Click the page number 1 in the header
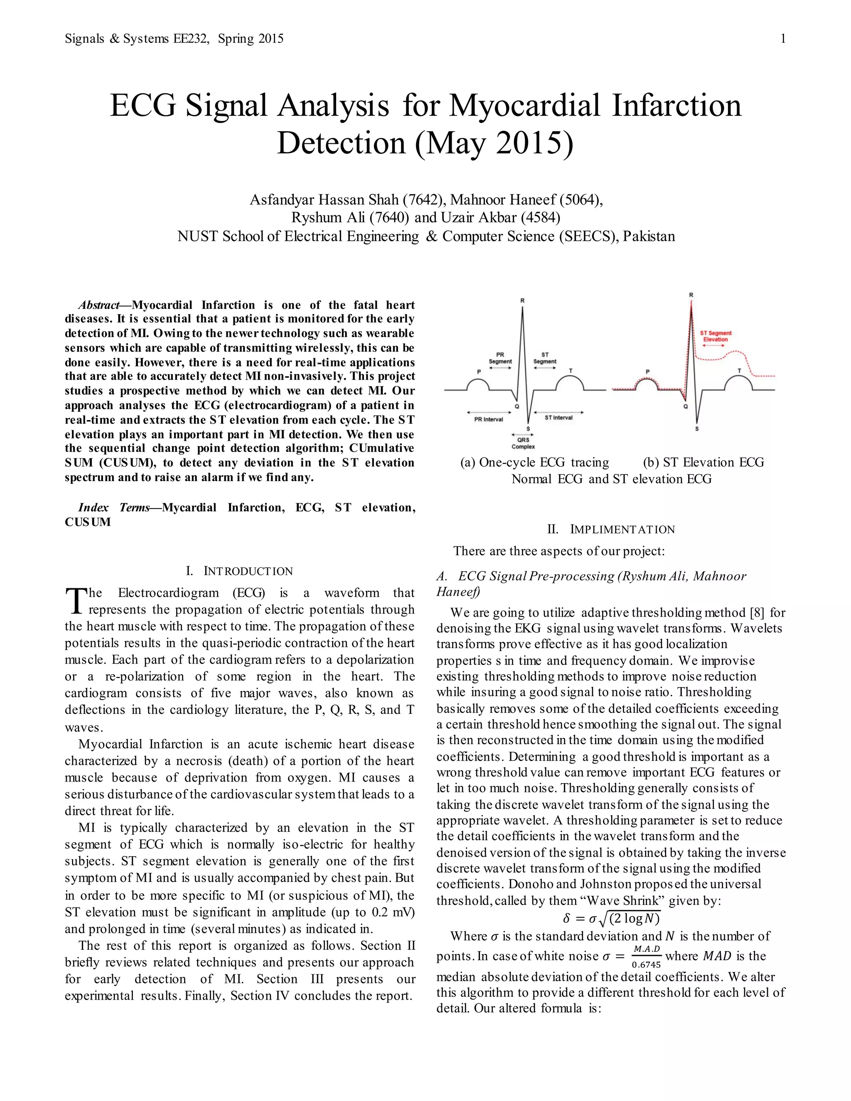pyautogui.click(x=782, y=39)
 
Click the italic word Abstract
pyautogui.click(x=99, y=305)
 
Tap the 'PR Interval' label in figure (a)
pyautogui.click(x=489, y=419)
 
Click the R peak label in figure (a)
pyautogui.click(x=522, y=300)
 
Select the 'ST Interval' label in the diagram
pyautogui.click(x=558, y=418)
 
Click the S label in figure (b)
pyautogui.click(x=697, y=429)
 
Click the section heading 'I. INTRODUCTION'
pyautogui.click(x=239, y=571)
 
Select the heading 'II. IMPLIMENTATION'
pyautogui.click(x=610, y=529)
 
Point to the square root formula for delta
pyautogui.click(x=611, y=919)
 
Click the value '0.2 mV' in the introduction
pyautogui.click(x=393, y=912)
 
